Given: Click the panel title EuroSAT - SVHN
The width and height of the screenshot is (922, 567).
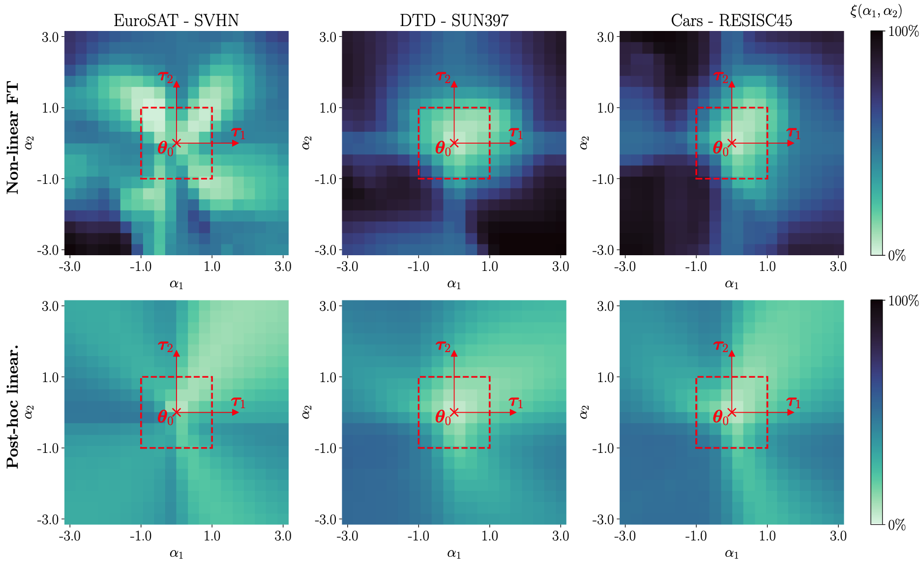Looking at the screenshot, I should (176, 20).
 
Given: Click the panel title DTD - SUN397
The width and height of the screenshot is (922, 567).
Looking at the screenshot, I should (454, 20).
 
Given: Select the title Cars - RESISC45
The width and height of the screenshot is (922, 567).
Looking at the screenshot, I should (732, 20).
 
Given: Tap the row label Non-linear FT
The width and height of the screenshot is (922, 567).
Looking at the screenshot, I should (13, 138).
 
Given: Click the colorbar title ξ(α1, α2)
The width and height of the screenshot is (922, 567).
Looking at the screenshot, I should (876, 11).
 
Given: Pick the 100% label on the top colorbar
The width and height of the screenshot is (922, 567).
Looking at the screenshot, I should (904, 32).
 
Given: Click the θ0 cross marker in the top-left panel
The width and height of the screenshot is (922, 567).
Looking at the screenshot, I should (177, 143).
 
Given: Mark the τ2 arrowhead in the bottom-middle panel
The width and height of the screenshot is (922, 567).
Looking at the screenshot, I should (454, 353).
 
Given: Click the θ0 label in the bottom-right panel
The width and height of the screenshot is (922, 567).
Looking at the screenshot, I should (720, 418).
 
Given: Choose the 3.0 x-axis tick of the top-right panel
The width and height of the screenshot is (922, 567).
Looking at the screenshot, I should (838, 267).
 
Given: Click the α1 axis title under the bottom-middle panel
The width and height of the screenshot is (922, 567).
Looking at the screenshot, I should (454, 553).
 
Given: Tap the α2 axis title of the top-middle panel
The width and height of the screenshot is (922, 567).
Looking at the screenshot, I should (307, 143).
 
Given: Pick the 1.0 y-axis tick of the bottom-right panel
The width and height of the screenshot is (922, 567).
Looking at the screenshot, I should (606, 377).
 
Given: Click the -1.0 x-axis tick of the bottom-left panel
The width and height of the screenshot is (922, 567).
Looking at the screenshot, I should (141, 536).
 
